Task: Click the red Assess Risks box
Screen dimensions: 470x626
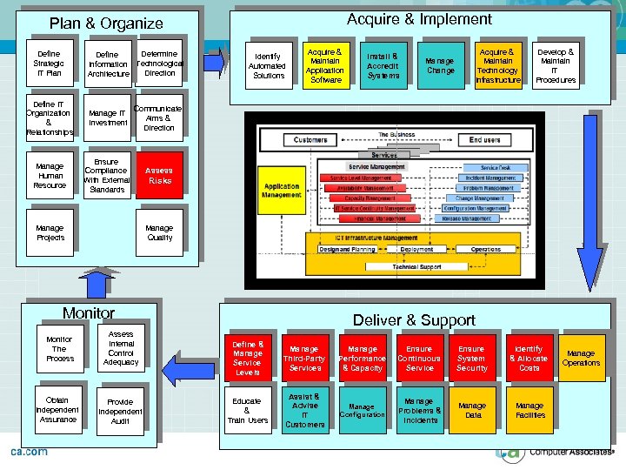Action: (159, 176)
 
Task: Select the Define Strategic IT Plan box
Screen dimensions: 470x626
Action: (49, 64)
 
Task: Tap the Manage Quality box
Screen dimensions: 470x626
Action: (159, 232)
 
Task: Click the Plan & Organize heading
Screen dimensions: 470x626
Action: (106, 23)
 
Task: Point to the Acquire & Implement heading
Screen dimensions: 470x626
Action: (419, 19)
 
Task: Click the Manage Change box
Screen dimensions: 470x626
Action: (440, 66)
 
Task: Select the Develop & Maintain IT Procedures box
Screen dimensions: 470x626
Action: (556, 66)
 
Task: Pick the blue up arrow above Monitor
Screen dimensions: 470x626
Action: (101, 280)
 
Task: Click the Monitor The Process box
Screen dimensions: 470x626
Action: (60, 349)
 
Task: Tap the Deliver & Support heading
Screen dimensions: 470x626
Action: (414, 320)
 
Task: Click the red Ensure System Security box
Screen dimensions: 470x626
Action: (472, 359)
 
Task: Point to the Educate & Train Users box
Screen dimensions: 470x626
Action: (247, 411)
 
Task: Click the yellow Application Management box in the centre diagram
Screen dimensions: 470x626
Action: (282, 191)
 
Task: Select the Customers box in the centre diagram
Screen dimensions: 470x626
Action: (310, 140)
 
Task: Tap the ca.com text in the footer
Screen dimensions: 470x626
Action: (29, 453)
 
